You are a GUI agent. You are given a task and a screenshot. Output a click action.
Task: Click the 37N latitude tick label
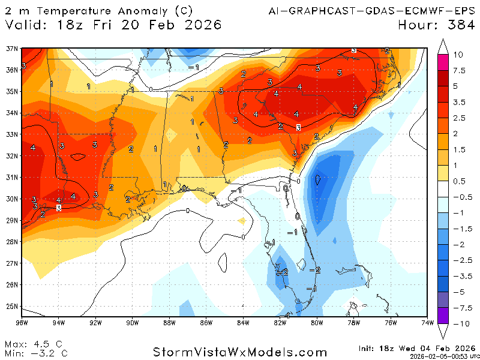click(11, 49)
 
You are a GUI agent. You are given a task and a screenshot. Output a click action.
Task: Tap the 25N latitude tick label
click(11, 306)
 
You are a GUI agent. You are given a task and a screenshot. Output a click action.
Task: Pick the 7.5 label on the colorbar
click(459, 71)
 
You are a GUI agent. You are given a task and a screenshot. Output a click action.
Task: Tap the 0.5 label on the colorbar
click(459, 181)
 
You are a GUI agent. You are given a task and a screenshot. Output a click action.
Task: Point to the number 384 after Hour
click(457, 25)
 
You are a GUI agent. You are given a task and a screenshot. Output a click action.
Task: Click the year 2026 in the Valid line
click(203, 25)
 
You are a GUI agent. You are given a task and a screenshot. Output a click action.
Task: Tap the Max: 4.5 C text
click(34, 344)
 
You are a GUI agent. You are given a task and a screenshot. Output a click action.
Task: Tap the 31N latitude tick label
click(11, 177)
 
